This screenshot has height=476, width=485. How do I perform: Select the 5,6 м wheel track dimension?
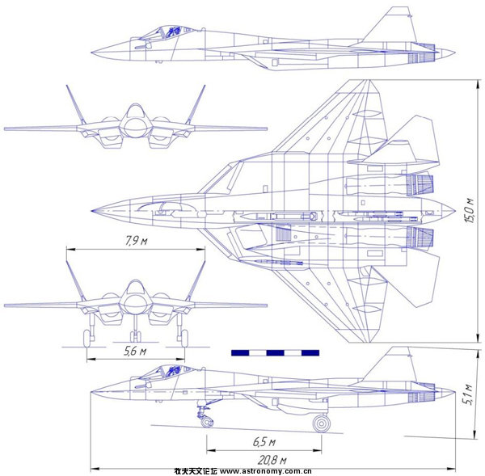click(135, 352)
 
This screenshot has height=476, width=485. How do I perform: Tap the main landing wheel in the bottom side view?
click(322, 423)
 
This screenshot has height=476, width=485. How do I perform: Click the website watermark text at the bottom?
click(242, 470)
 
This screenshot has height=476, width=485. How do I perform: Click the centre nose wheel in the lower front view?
click(135, 333)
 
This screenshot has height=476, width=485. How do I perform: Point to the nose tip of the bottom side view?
click(91, 390)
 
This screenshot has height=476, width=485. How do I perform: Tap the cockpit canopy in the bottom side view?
click(167, 372)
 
